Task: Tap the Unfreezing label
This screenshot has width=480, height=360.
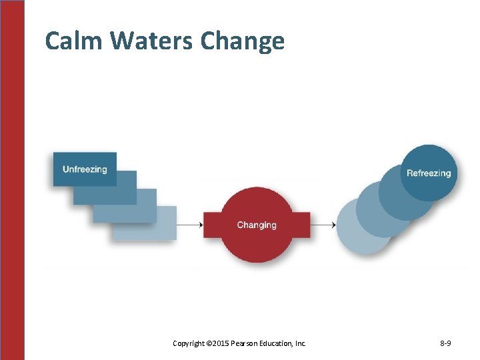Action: click(85, 169)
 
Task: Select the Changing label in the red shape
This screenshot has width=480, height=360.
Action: click(257, 225)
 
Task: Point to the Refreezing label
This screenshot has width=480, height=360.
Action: click(429, 173)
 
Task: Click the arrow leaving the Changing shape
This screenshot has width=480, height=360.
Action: click(323, 225)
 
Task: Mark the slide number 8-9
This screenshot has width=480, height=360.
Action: click(445, 343)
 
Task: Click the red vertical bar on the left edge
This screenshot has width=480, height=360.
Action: click(12, 180)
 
